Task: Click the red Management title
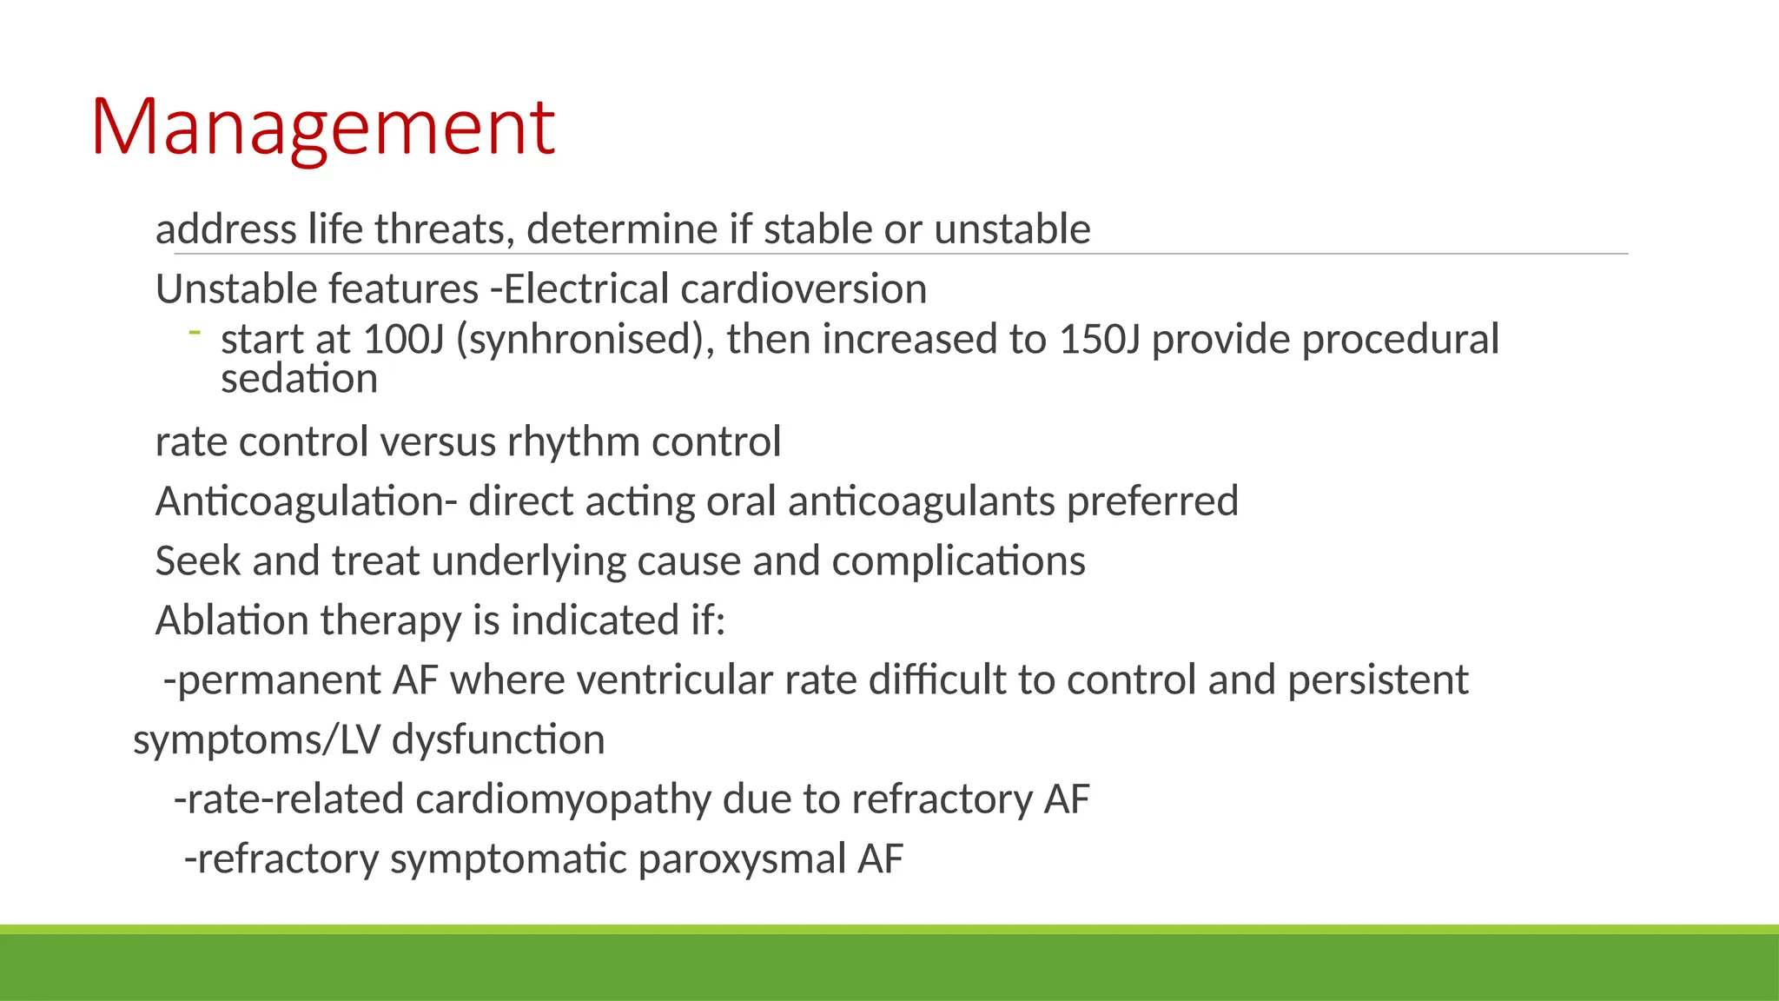(322, 128)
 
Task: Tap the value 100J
(404, 340)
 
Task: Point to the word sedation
(299, 380)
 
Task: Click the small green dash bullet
(195, 331)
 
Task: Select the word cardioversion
(804, 289)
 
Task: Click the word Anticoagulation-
(306, 502)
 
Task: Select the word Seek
(198, 561)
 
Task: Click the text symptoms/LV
(256, 740)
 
